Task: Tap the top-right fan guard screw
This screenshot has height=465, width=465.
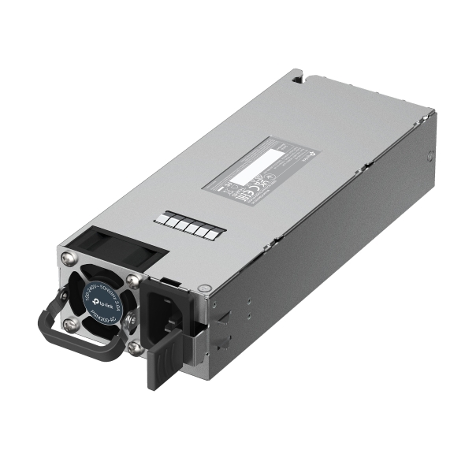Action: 132,280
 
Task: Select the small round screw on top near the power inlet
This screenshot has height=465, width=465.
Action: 206,289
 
